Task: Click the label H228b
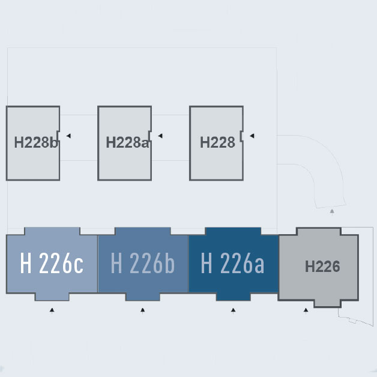tap(36, 142)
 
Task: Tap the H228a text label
tap(128, 142)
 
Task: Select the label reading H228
tap(217, 142)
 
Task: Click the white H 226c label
tap(52, 264)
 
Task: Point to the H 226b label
tap(143, 264)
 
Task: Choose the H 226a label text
tap(232, 264)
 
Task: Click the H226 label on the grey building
tap(322, 267)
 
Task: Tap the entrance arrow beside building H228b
tap(68, 136)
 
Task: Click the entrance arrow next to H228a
tap(160, 136)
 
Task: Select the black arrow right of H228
tap(252, 136)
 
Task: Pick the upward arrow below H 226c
tap(52, 310)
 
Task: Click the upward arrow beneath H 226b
tap(143, 310)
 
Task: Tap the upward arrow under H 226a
tap(233, 310)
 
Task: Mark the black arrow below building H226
tap(306, 310)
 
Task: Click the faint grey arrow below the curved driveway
tap(332, 211)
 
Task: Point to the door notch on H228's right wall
tap(241, 136)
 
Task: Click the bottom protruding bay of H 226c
tap(52, 297)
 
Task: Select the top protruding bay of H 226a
tap(233, 231)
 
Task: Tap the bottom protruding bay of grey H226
tap(327, 303)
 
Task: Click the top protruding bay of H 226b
tap(143, 231)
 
